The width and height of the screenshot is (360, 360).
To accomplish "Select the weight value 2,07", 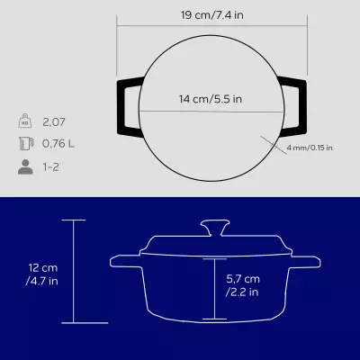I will (53, 120).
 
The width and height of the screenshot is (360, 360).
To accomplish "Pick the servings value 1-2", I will (51, 166).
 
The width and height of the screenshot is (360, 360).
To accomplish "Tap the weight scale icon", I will (23, 120).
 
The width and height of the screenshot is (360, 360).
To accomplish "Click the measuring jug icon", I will (23, 142).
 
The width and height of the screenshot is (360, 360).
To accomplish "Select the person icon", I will (23, 166).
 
